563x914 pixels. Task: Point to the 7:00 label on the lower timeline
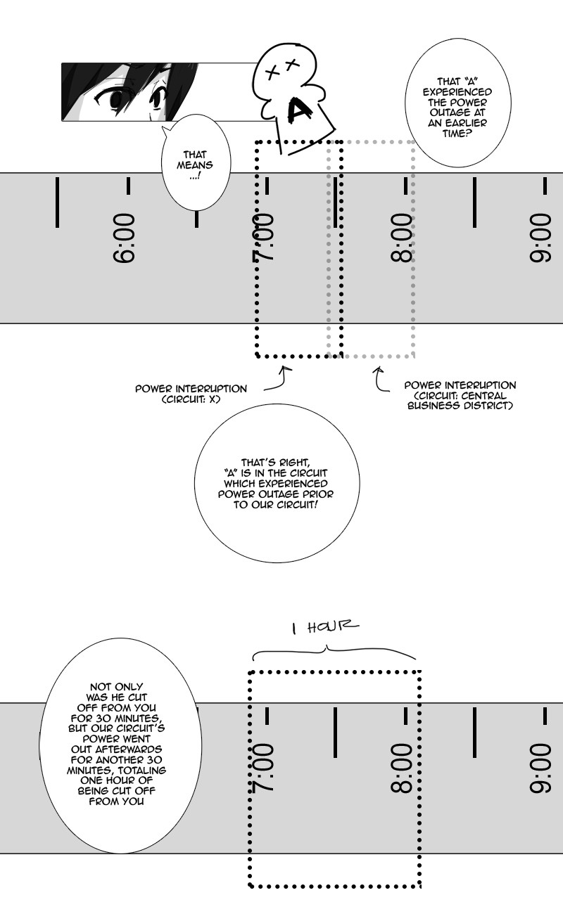[263, 767]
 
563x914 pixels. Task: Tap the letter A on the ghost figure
[301, 110]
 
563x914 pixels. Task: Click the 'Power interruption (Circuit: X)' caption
[191, 394]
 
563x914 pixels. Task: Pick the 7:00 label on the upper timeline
[263, 238]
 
